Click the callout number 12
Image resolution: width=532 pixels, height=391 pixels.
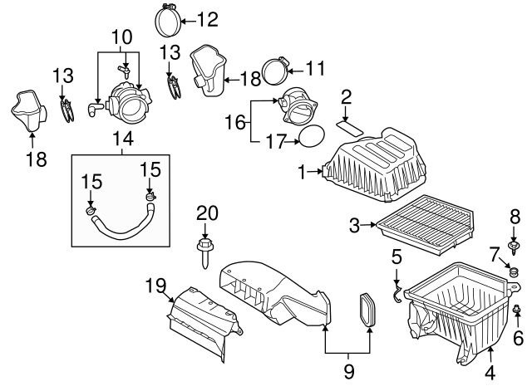pyautogui.click(x=207, y=17)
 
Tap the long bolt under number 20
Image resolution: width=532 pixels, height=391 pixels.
pyautogui.click(x=204, y=252)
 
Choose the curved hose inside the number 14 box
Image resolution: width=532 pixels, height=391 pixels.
pyautogui.click(x=122, y=225)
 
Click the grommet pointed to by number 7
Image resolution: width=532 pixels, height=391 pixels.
pyautogui.click(x=514, y=271)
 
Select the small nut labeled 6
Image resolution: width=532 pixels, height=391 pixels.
pyautogui.click(x=518, y=311)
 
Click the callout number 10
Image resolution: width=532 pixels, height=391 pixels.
pyautogui.click(x=122, y=37)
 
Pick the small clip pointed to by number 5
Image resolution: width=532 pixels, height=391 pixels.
pyautogui.click(x=398, y=293)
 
